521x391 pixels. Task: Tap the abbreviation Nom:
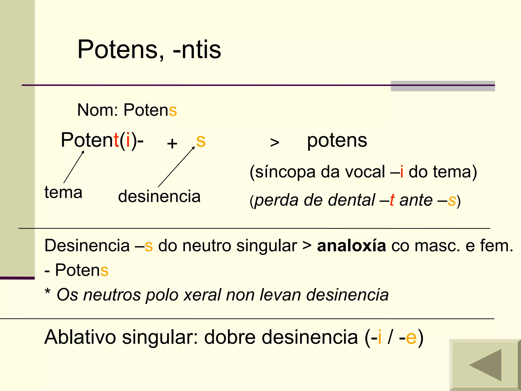[x=97, y=110]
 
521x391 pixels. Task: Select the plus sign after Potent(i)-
[x=172, y=143]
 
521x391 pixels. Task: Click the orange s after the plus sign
[x=201, y=141]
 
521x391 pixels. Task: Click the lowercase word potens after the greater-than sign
[x=337, y=141]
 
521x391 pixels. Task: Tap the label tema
[x=63, y=192]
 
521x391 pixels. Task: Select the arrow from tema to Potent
[x=74, y=167]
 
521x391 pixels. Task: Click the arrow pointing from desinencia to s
[x=176, y=167]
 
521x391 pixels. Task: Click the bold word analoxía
[x=351, y=246]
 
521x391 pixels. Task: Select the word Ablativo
[x=80, y=337]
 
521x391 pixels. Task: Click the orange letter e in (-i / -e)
[x=411, y=337]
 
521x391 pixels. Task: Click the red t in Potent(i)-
[x=116, y=140]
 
